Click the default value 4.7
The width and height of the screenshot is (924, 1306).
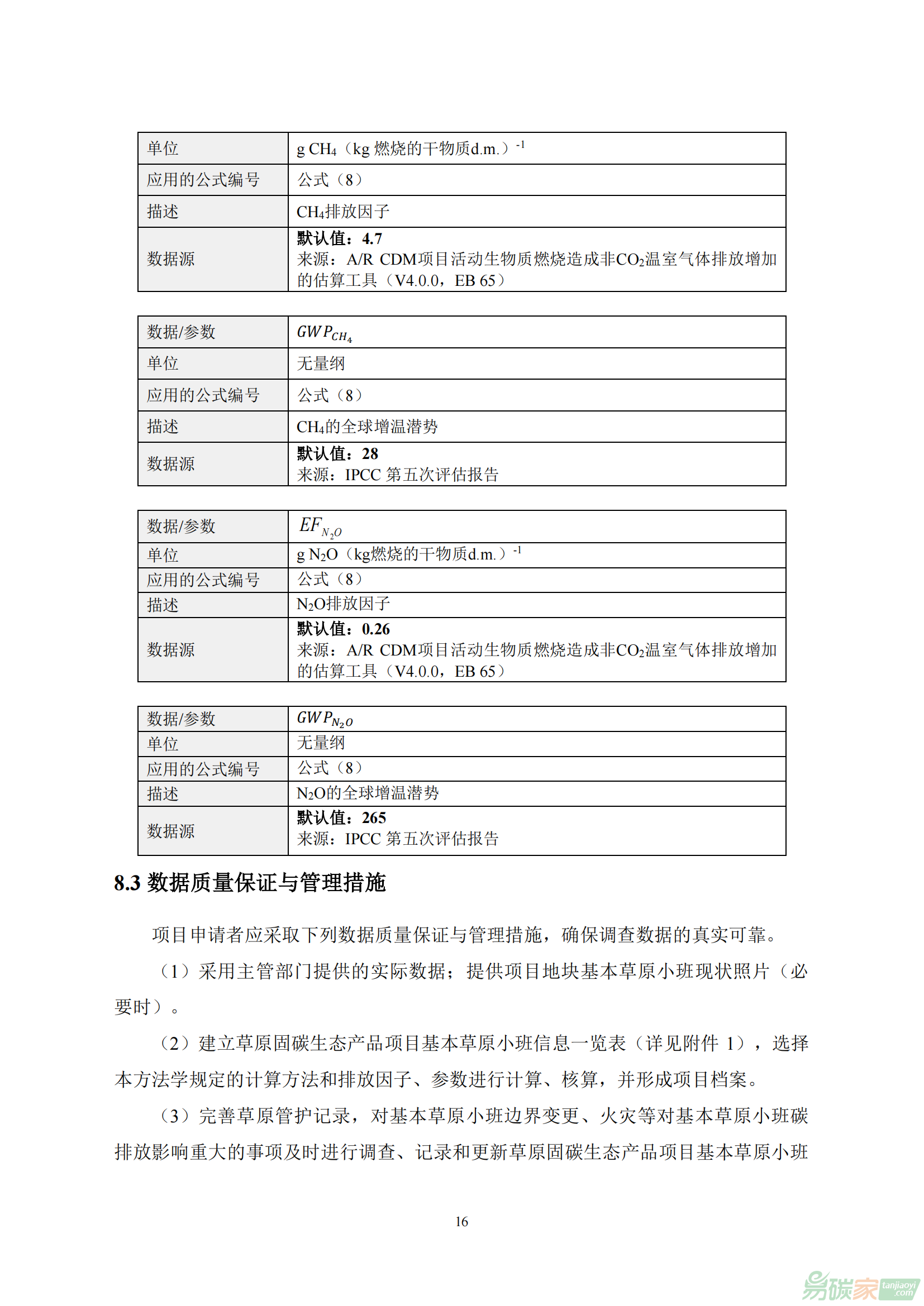(x=372, y=238)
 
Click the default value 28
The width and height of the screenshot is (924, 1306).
(x=370, y=453)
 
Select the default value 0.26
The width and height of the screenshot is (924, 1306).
(x=375, y=629)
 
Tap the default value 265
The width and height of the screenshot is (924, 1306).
(x=374, y=817)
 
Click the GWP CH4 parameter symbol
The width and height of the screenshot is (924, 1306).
(x=325, y=333)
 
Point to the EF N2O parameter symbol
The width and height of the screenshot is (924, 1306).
(x=320, y=526)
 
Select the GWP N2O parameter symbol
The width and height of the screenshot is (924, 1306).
(x=325, y=719)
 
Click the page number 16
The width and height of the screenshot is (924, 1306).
(x=461, y=1221)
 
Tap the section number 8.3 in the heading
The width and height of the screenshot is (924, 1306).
(x=127, y=883)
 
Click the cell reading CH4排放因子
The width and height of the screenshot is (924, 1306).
(x=343, y=212)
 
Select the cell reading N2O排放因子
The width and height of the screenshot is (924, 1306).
(x=343, y=604)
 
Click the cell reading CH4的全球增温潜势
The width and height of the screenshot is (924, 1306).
(x=367, y=427)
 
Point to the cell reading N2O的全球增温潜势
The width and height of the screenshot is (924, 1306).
(x=368, y=793)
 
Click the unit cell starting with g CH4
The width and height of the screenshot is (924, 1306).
(x=409, y=149)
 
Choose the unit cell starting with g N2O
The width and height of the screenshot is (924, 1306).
(x=408, y=554)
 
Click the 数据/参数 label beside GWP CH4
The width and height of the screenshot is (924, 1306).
(x=181, y=332)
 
